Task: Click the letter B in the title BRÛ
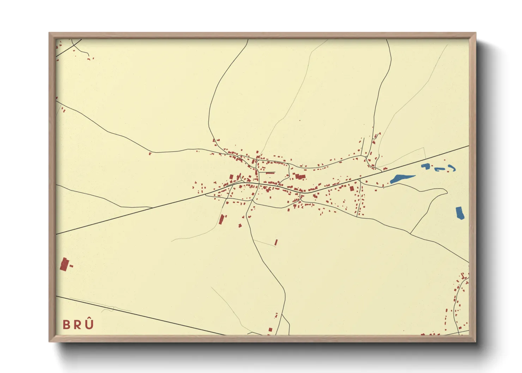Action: coord(67,325)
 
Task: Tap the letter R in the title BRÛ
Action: coord(78,325)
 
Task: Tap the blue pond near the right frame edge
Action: coord(460,213)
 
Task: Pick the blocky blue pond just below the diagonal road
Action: coord(426,166)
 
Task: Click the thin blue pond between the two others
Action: coord(439,169)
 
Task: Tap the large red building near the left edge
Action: coord(64,264)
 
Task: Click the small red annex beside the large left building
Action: coord(71,266)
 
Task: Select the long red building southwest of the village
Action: coord(221,219)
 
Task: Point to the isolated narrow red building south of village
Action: coord(276,242)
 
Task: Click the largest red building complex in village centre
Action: coord(300,176)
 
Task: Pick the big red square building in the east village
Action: coord(352,188)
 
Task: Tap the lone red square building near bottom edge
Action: coord(271,330)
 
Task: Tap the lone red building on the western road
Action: coord(150,154)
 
